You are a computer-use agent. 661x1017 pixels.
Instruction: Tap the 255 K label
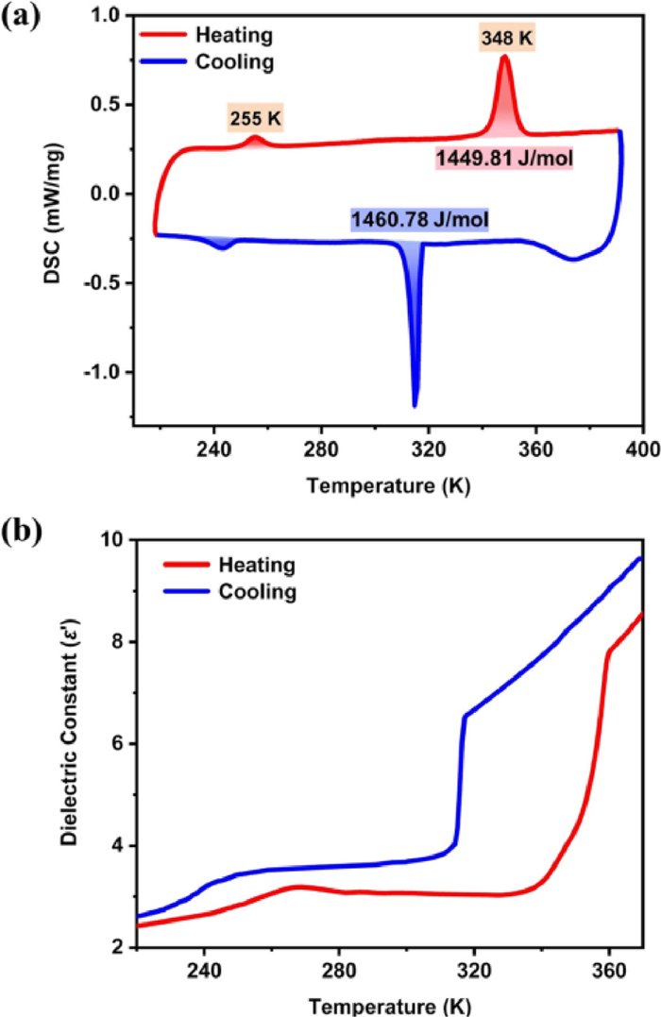click(x=256, y=119)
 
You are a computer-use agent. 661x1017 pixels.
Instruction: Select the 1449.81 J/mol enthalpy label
click(x=504, y=158)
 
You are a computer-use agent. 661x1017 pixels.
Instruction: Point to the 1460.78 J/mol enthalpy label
click(x=420, y=221)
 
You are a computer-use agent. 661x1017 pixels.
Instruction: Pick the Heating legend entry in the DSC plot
click(x=234, y=37)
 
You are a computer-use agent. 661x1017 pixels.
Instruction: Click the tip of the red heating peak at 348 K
click(x=505, y=58)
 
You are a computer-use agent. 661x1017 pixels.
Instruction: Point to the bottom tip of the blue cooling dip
click(x=415, y=406)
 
